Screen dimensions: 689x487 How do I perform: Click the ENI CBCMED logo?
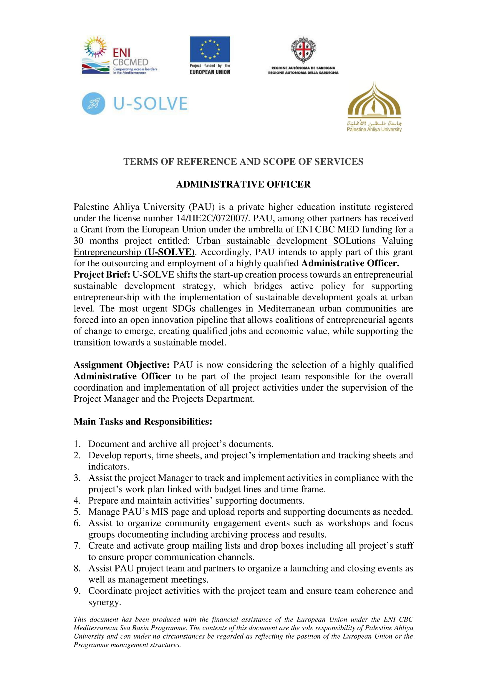[x=119, y=56]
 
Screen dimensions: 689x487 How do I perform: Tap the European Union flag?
[x=210, y=49]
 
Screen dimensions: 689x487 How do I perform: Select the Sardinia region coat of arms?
[x=303, y=50]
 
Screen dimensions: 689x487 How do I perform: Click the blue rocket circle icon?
[x=94, y=103]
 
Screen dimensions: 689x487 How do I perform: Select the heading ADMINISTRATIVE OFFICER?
[x=243, y=184]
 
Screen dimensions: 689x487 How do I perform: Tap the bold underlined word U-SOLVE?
[x=170, y=252]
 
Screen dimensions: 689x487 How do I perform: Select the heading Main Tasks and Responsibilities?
[x=143, y=421]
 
